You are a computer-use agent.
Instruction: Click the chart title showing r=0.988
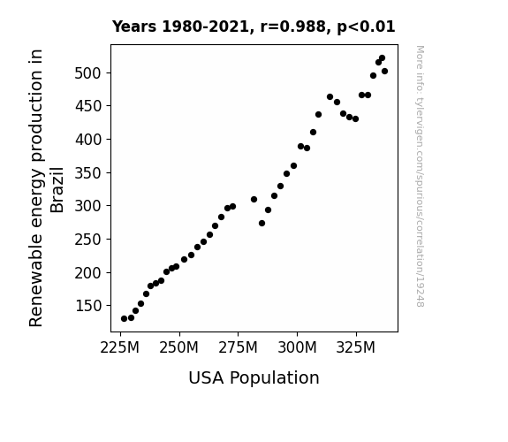coord(254,27)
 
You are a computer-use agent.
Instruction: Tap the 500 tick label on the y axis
coord(88,73)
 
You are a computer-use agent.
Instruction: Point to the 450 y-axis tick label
coord(88,106)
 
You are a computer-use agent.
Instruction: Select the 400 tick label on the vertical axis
coord(88,140)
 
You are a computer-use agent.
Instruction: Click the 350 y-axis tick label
coord(88,173)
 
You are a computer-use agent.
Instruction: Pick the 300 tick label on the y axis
coord(88,206)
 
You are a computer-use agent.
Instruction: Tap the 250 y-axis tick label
coord(88,240)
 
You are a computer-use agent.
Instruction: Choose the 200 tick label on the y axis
coord(88,273)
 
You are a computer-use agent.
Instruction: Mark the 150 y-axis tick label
coord(88,306)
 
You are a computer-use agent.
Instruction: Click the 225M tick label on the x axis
coord(120,348)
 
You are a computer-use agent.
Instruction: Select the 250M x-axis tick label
coord(178,348)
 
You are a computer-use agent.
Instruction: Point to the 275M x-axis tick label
coord(239,348)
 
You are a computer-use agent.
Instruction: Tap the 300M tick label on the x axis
coord(297,348)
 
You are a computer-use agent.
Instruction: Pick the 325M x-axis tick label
coord(356,348)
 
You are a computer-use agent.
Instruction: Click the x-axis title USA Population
coord(254,378)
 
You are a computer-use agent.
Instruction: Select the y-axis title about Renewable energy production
coord(46,188)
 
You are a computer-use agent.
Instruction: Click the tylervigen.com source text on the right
coord(420,176)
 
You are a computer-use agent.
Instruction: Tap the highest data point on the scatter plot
coord(382,58)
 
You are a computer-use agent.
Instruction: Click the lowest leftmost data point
coord(124,319)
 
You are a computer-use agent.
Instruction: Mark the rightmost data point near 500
coord(384,72)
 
